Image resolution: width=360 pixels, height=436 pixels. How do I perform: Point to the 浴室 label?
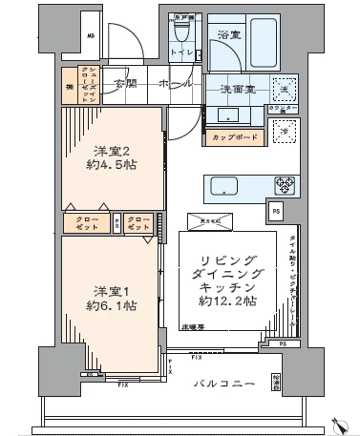coord(228,35)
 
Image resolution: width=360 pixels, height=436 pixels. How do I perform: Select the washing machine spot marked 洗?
coord(283,90)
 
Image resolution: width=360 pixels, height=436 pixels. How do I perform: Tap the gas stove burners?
coord(285,185)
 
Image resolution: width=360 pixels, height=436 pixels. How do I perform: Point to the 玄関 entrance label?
coord(126,84)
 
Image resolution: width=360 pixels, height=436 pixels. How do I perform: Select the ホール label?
coord(177,84)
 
